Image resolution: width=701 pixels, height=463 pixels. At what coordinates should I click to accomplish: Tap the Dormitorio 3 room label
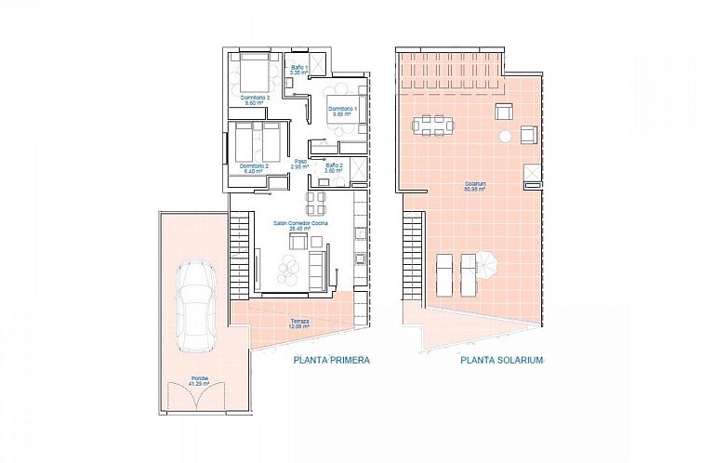click(254, 100)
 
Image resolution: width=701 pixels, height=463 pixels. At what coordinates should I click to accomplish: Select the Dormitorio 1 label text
click(340, 111)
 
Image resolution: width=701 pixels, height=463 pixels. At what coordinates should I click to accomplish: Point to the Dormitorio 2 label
click(253, 168)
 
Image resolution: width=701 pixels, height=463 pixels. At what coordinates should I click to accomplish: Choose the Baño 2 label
click(334, 168)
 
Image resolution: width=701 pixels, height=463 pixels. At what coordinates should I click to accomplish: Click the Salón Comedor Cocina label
click(299, 226)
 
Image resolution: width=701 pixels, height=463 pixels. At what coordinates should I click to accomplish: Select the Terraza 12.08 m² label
click(298, 324)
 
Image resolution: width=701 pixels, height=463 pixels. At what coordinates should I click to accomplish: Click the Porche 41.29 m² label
click(195, 381)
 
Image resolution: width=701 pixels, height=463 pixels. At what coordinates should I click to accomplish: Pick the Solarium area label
click(476, 186)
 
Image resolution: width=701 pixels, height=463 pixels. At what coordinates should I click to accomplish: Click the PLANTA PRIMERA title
click(332, 361)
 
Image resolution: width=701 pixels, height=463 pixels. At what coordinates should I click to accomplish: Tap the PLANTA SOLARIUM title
click(500, 361)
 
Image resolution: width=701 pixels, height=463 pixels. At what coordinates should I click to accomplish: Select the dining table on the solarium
click(432, 124)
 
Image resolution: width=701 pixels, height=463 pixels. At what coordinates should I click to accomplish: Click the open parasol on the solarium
click(485, 263)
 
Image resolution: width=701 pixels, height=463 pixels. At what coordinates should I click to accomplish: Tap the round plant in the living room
click(290, 273)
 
